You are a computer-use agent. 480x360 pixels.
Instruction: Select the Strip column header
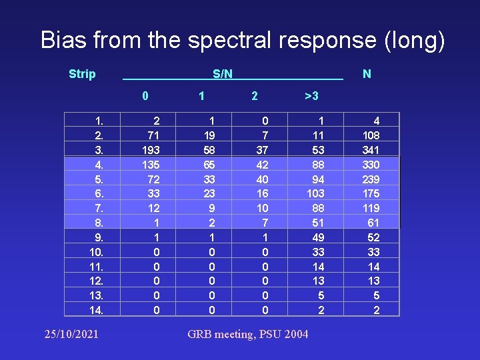click(82, 74)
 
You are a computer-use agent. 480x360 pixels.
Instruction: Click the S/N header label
click(223, 74)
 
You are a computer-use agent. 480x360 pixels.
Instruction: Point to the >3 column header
click(311, 96)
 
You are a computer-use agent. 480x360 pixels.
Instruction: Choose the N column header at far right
click(367, 74)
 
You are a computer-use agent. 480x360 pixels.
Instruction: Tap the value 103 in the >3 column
click(315, 193)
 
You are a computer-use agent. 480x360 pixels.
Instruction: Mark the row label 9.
click(99, 237)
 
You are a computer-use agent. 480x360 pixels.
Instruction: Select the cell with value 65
click(208, 164)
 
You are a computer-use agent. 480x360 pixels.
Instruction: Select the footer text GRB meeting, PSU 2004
click(248, 333)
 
